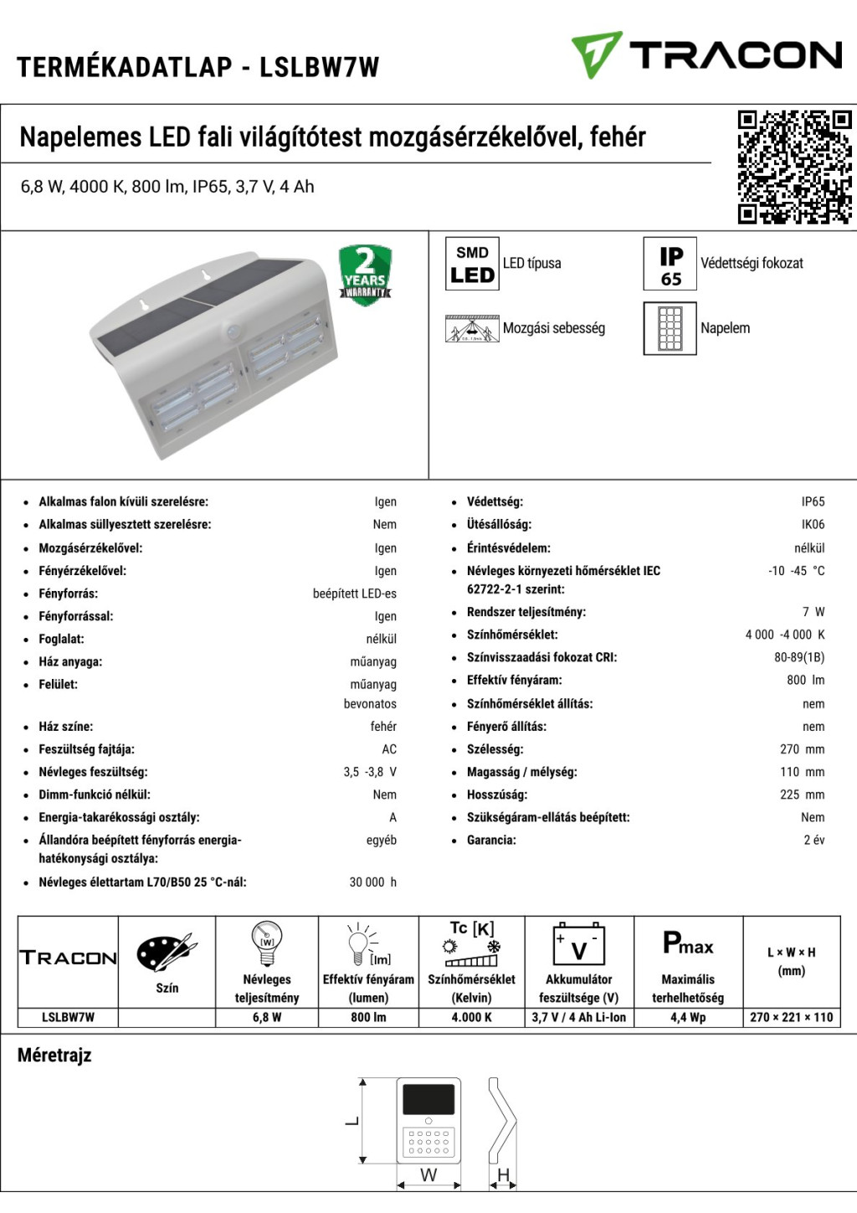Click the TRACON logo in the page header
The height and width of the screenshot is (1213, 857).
coord(706,55)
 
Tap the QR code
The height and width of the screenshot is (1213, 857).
coord(794,167)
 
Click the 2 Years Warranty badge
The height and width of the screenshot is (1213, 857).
coord(365,274)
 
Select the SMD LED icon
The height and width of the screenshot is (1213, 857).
coord(472,264)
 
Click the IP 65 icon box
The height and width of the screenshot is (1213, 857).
coord(670,264)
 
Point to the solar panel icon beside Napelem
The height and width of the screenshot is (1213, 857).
coord(670,328)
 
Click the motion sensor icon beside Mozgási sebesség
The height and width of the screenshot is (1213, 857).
coord(472,328)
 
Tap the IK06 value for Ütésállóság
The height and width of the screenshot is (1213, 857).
coord(813,525)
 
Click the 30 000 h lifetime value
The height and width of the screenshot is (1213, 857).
coord(372,882)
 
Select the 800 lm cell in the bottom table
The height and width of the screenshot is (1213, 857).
coord(368,1018)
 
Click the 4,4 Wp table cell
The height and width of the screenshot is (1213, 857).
coord(688,1018)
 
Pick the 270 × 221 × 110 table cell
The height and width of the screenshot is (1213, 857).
coord(792,1018)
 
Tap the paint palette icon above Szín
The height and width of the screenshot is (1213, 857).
coord(167,953)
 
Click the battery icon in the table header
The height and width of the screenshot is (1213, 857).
coord(579,945)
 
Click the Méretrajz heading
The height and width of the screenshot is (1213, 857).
coord(54,1056)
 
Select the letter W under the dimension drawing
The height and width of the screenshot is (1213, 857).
coord(428,1175)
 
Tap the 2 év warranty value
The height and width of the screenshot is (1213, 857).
coord(813,840)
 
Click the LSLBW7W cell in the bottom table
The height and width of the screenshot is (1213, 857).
coord(68,1018)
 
